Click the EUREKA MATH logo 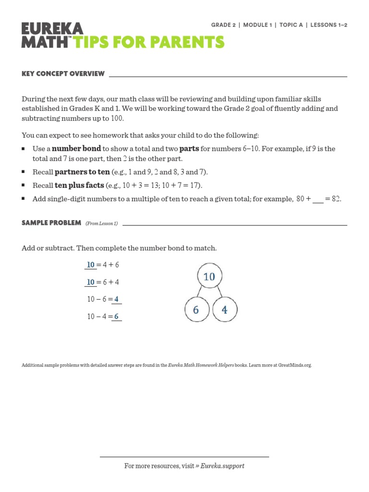coord(52,35)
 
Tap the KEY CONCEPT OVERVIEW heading coord(63,74)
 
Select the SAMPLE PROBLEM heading coord(51,223)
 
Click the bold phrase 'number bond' coord(76,148)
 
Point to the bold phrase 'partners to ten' coord(82,172)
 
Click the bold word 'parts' coord(189,148)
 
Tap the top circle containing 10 coord(209,277)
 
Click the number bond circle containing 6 coord(196,310)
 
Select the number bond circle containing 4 coord(224,310)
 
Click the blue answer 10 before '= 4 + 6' coord(90,265)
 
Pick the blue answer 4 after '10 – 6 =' coord(116,299)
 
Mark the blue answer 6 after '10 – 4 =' coord(116,317)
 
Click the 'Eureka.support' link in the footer coord(222,466)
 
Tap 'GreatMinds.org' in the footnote coord(295,365)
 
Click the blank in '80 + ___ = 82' coord(318,199)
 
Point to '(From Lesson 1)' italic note coord(101,223)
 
